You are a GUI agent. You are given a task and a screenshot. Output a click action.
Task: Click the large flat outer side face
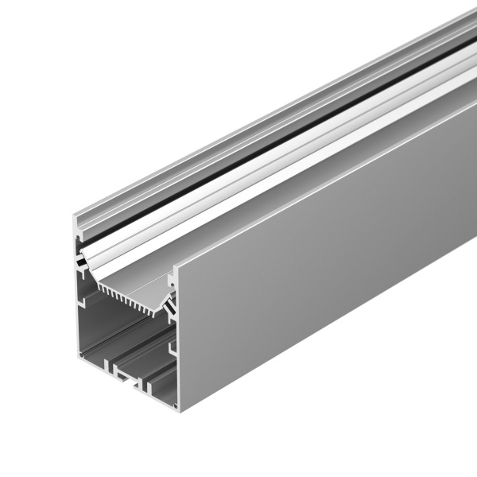pos(318,262)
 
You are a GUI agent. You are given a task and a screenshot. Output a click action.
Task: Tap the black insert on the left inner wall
pos(81,262)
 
